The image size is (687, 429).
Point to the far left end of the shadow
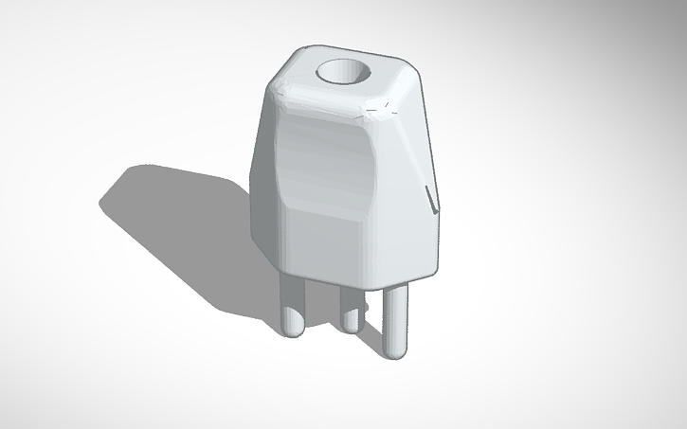tap(104, 202)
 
